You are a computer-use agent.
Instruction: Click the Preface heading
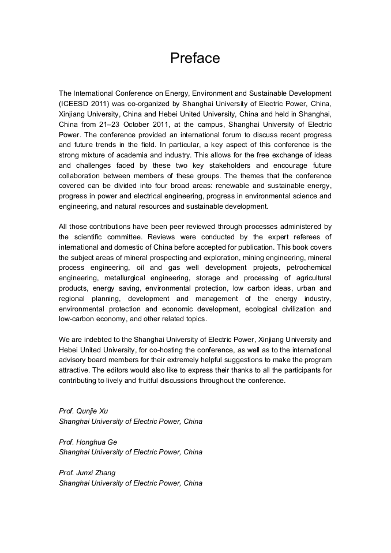195,58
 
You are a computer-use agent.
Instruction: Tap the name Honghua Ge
96,442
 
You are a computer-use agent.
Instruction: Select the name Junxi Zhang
96,473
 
